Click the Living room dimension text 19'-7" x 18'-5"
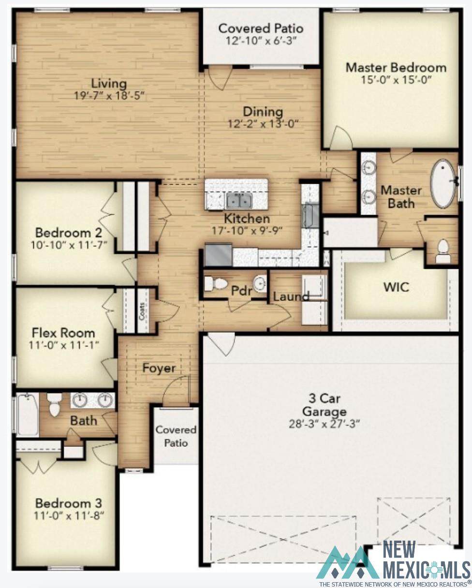(109, 96)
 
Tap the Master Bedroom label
(396, 68)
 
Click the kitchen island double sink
(239, 201)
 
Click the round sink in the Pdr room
(260, 283)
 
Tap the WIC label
(396, 287)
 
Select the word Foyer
(159, 368)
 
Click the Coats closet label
(142, 310)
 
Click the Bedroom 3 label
(69, 503)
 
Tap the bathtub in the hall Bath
(28, 415)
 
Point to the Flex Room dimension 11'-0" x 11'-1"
(64, 345)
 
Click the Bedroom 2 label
(69, 233)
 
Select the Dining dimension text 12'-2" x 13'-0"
(263, 124)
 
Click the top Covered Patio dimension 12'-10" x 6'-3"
(261, 41)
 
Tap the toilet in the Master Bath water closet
(442, 251)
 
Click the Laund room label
(291, 297)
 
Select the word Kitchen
(247, 219)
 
